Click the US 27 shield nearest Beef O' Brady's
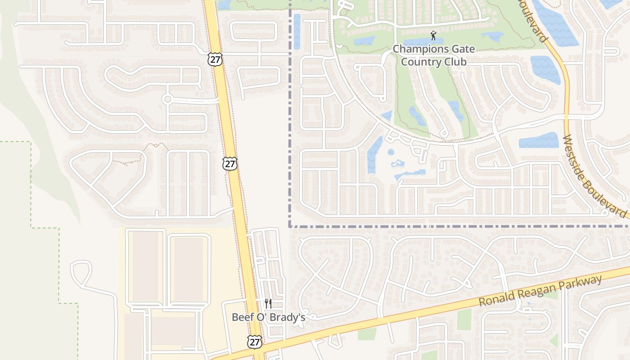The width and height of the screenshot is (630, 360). pyautogui.click(x=255, y=342)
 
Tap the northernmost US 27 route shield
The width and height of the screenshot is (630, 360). pyautogui.click(x=215, y=59)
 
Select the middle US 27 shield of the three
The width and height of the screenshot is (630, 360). pyautogui.click(x=230, y=164)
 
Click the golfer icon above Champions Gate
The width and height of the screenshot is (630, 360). pyautogui.click(x=433, y=36)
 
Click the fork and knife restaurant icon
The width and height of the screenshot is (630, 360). pyautogui.click(x=268, y=304)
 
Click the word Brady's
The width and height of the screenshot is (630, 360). pyautogui.click(x=289, y=317)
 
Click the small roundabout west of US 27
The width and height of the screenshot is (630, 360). pyautogui.click(x=167, y=99)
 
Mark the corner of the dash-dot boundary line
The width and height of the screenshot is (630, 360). pyautogui.click(x=290, y=226)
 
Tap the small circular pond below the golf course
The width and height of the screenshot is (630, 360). pyautogui.click(x=391, y=152)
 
